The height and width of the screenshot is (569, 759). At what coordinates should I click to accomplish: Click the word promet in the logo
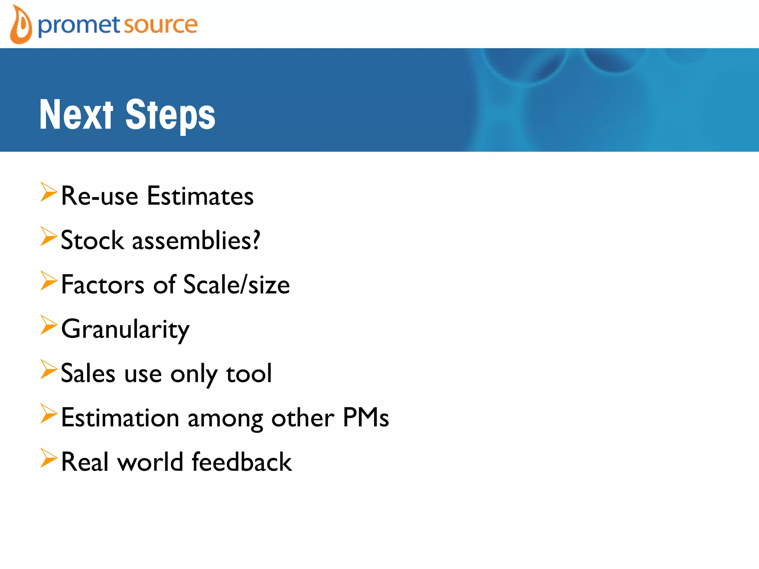click(79, 26)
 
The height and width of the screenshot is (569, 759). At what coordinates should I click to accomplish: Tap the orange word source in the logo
click(160, 25)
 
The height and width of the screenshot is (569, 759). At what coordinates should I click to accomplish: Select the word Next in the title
click(76, 115)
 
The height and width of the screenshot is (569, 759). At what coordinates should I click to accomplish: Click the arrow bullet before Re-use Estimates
click(49, 192)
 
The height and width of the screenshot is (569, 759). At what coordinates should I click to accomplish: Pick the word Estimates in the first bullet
click(200, 196)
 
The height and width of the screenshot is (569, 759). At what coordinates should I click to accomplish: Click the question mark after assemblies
click(255, 240)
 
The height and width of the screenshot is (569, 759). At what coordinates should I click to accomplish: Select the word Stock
click(92, 240)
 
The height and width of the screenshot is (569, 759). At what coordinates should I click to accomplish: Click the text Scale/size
click(236, 285)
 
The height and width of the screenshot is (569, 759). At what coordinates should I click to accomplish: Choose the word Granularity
click(125, 329)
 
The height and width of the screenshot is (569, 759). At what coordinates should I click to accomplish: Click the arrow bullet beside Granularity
click(49, 326)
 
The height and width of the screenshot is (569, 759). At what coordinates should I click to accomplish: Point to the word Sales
click(88, 373)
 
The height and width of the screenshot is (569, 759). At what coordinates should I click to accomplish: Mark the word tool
click(249, 373)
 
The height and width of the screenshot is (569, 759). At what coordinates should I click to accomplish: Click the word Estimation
click(120, 418)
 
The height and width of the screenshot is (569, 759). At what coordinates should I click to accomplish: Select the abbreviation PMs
click(366, 418)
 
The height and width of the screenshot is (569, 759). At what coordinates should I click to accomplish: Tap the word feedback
click(242, 462)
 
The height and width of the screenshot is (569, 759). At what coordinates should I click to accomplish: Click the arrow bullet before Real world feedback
click(49, 459)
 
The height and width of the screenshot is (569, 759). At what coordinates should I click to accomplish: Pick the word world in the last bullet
click(150, 462)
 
